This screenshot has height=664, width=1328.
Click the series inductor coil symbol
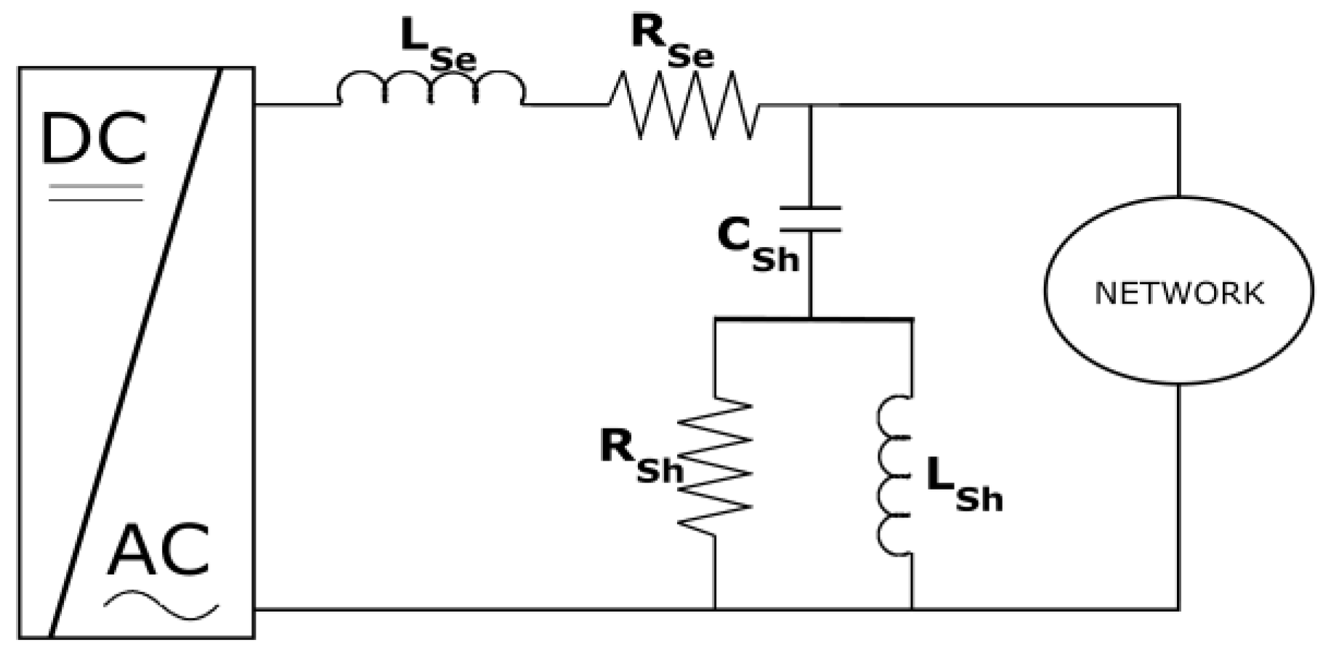tap(430, 89)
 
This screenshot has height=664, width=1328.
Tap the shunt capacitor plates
tap(810, 219)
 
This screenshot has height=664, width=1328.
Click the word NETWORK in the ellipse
tap(1178, 293)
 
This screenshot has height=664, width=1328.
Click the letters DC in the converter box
tap(93, 139)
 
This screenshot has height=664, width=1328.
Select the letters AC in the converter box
tap(158, 550)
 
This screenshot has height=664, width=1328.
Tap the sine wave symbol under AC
tap(161, 605)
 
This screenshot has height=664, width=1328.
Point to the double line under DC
tap(96, 193)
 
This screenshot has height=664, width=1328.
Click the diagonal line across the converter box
tap(135, 352)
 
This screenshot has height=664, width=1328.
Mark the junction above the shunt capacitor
tap(810, 105)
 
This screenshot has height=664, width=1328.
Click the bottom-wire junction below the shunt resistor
tap(715, 609)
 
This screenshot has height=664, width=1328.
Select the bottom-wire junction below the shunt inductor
tap(912, 609)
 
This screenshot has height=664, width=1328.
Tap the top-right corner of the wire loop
tap(1178, 106)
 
